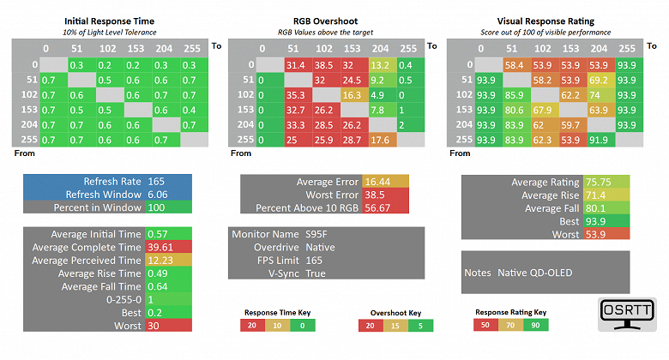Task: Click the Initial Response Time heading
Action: [110, 21]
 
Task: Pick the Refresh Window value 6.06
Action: [159, 195]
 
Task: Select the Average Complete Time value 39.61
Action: [161, 247]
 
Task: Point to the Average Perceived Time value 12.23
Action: [161, 261]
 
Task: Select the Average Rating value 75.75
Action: [599, 182]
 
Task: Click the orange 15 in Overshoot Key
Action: [393, 326]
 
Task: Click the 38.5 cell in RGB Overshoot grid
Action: [323, 65]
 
